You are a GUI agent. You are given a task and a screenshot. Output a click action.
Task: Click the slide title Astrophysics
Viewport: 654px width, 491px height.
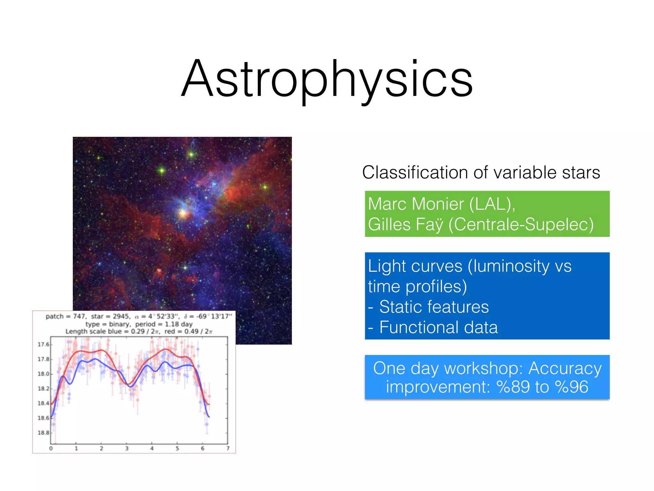click(327, 79)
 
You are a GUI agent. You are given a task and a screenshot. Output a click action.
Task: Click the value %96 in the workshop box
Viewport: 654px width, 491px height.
click(572, 387)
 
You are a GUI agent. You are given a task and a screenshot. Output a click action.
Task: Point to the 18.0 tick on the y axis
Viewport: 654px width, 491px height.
click(43, 374)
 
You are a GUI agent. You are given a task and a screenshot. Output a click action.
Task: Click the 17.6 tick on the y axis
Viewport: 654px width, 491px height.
click(43, 344)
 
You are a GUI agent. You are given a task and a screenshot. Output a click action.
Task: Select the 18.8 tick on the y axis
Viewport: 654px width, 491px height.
click(43, 433)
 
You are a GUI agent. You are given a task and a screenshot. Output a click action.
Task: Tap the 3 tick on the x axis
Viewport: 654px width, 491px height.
click(127, 448)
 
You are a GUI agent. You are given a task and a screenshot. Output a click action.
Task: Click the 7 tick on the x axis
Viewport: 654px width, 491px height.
click(228, 448)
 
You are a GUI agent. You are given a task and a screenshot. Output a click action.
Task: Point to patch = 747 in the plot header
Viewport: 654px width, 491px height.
click(65, 316)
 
